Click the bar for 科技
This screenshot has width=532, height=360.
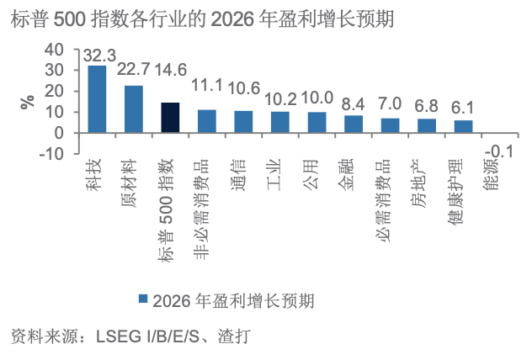pyautogui.click(x=97, y=99)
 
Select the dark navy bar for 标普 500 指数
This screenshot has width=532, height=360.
pyautogui.click(x=170, y=118)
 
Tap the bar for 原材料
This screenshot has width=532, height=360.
pyautogui.click(x=134, y=109)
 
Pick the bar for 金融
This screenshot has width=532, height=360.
pyautogui.click(x=354, y=124)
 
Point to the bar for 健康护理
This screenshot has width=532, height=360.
pyautogui.click(x=464, y=126)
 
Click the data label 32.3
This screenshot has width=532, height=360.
pyautogui.click(x=99, y=56)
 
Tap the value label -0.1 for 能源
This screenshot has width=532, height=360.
pyautogui.click(x=501, y=151)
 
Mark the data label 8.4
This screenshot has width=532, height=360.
pyautogui.click(x=354, y=104)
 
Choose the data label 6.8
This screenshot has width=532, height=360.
pyautogui.click(x=427, y=107)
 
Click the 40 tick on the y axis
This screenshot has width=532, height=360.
pyautogui.click(x=54, y=50)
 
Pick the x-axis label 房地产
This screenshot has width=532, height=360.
pyautogui.click(x=427, y=173)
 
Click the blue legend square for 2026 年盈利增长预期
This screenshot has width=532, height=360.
pyautogui.click(x=143, y=299)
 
